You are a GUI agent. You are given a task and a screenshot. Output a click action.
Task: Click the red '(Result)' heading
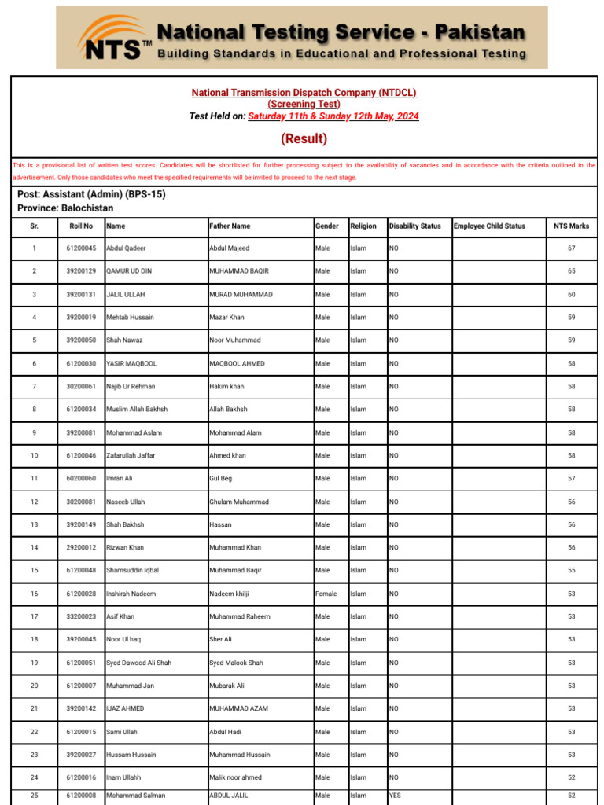tap(304, 139)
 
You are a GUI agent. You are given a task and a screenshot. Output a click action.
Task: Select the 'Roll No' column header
tap(81, 226)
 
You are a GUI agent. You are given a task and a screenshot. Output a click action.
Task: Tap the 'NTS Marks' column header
tap(571, 226)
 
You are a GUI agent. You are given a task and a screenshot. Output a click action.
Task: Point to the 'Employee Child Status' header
tap(489, 226)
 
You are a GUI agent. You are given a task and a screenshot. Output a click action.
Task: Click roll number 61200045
tap(81, 248)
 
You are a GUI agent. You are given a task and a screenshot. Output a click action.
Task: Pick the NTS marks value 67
tap(572, 248)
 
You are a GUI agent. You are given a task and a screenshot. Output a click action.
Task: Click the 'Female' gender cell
tap(326, 594)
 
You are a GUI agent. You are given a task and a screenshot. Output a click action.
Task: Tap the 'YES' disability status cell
tap(395, 796)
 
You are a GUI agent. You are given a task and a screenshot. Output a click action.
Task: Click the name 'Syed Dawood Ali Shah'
tap(138, 663)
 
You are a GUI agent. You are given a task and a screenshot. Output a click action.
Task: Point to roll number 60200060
tap(81, 478)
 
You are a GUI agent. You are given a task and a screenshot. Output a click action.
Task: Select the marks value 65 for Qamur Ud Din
tap(572, 271)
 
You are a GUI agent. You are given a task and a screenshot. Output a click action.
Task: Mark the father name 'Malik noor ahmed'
tap(235, 777)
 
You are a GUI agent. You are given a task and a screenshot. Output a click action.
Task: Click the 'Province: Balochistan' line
tap(65, 208)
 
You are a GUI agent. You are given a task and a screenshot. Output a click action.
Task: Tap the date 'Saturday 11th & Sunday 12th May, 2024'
tap(333, 116)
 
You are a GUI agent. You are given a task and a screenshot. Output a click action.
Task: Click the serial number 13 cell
tap(34, 524)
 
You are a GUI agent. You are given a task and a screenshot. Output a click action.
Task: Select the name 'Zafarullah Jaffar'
tap(131, 455)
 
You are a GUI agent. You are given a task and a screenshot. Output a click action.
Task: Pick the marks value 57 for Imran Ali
tap(572, 478)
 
